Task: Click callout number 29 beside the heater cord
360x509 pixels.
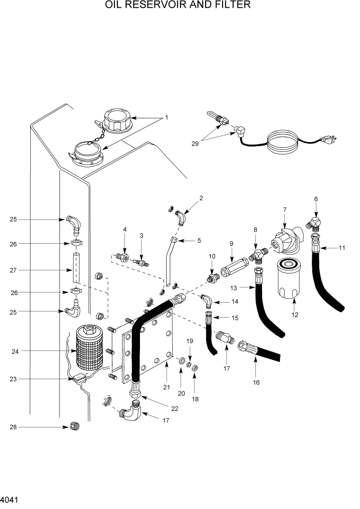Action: pos(195,144)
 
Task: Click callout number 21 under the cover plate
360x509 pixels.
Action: pos(166,387)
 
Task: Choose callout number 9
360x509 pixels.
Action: pos(231,244)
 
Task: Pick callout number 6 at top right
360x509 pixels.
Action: pos(316,199)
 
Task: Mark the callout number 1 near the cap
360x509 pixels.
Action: pos(166,118)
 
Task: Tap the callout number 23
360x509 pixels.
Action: pos(14,379)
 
